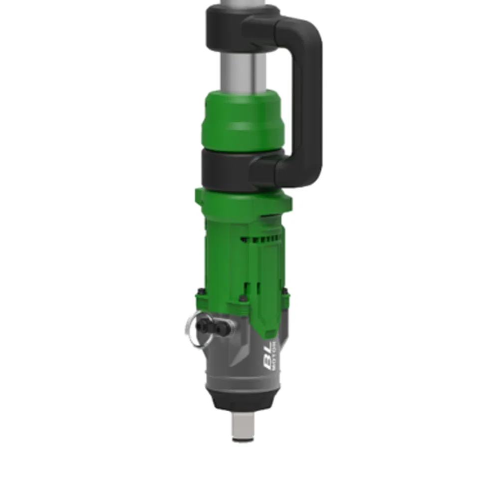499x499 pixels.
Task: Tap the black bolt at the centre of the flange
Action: (x=243, y=299)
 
